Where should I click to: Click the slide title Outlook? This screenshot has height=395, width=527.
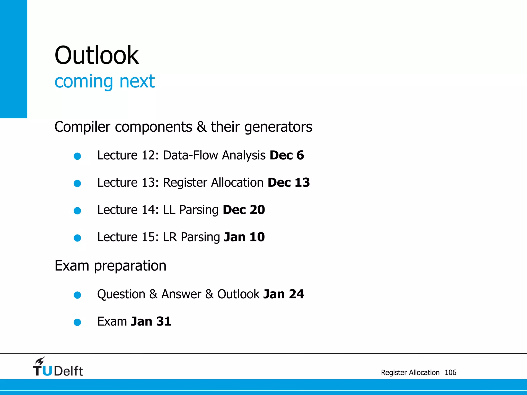click(96, 55)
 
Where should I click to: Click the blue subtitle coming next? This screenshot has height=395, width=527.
click(104, 81)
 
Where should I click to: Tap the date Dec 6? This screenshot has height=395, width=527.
click(287, 155)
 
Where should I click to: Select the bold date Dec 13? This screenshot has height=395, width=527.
click(288, 183)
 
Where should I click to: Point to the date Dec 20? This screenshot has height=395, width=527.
click(244, 210)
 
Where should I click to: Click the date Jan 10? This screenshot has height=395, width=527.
click(244, 237)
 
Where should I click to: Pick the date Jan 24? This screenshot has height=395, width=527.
click(284, 294)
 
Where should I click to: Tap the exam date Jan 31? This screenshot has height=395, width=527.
click(151, 321)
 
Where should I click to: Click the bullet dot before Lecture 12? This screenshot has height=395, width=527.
click(77, 156)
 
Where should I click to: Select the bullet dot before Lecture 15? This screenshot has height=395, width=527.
click(77, 238)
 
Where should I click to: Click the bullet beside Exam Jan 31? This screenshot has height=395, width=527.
click(77, 322)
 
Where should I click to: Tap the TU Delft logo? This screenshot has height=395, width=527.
click(58, 368)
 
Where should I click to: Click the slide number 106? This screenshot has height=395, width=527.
click(450, 372)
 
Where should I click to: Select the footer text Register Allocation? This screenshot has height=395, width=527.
click(410, 372)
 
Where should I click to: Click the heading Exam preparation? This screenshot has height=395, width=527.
click(110, 266)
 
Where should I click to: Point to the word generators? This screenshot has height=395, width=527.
click(278, 127)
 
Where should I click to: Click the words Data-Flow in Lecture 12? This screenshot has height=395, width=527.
click(190, 155)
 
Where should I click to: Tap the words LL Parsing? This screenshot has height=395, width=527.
click(191, 210)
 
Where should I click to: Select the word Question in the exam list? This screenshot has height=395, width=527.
click(121, 294)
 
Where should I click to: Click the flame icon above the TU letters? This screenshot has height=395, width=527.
click(40, 361)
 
